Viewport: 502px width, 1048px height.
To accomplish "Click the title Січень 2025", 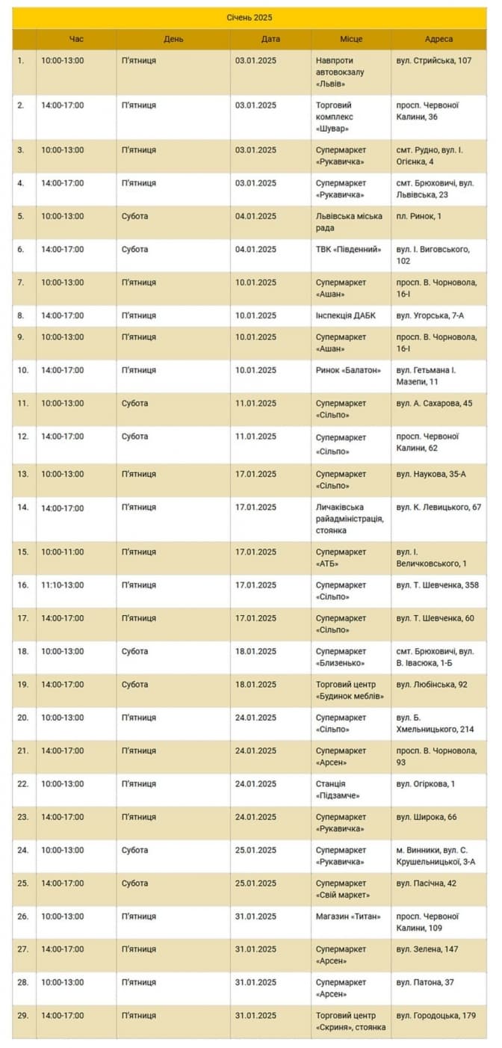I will click(250, 16).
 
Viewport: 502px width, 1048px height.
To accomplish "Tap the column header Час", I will click(76, 39).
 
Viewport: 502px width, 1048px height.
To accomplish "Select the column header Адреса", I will click(439, 39).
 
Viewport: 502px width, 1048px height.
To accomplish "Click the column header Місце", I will click(351, 39).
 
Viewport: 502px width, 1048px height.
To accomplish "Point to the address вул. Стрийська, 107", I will click(434, 61).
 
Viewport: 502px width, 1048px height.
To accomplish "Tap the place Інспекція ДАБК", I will click(346, 316).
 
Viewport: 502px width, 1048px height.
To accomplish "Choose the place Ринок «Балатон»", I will click(348, 371).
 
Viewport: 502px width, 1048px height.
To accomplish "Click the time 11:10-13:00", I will click(63, 585).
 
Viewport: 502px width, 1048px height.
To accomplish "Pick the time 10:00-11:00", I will click(63, 552).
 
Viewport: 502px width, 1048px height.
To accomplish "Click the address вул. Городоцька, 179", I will click(436, 1016).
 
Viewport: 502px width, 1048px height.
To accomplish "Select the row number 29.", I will click(23, 1016).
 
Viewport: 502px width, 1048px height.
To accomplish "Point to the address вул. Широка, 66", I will click(427, 817).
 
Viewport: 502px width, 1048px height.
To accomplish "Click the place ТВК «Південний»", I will click(348, 250).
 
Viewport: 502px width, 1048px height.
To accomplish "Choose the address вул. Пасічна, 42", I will click(427, 884).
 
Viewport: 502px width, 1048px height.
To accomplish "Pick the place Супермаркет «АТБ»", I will click(341, 558).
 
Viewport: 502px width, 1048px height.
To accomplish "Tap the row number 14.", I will click(23, 508).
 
